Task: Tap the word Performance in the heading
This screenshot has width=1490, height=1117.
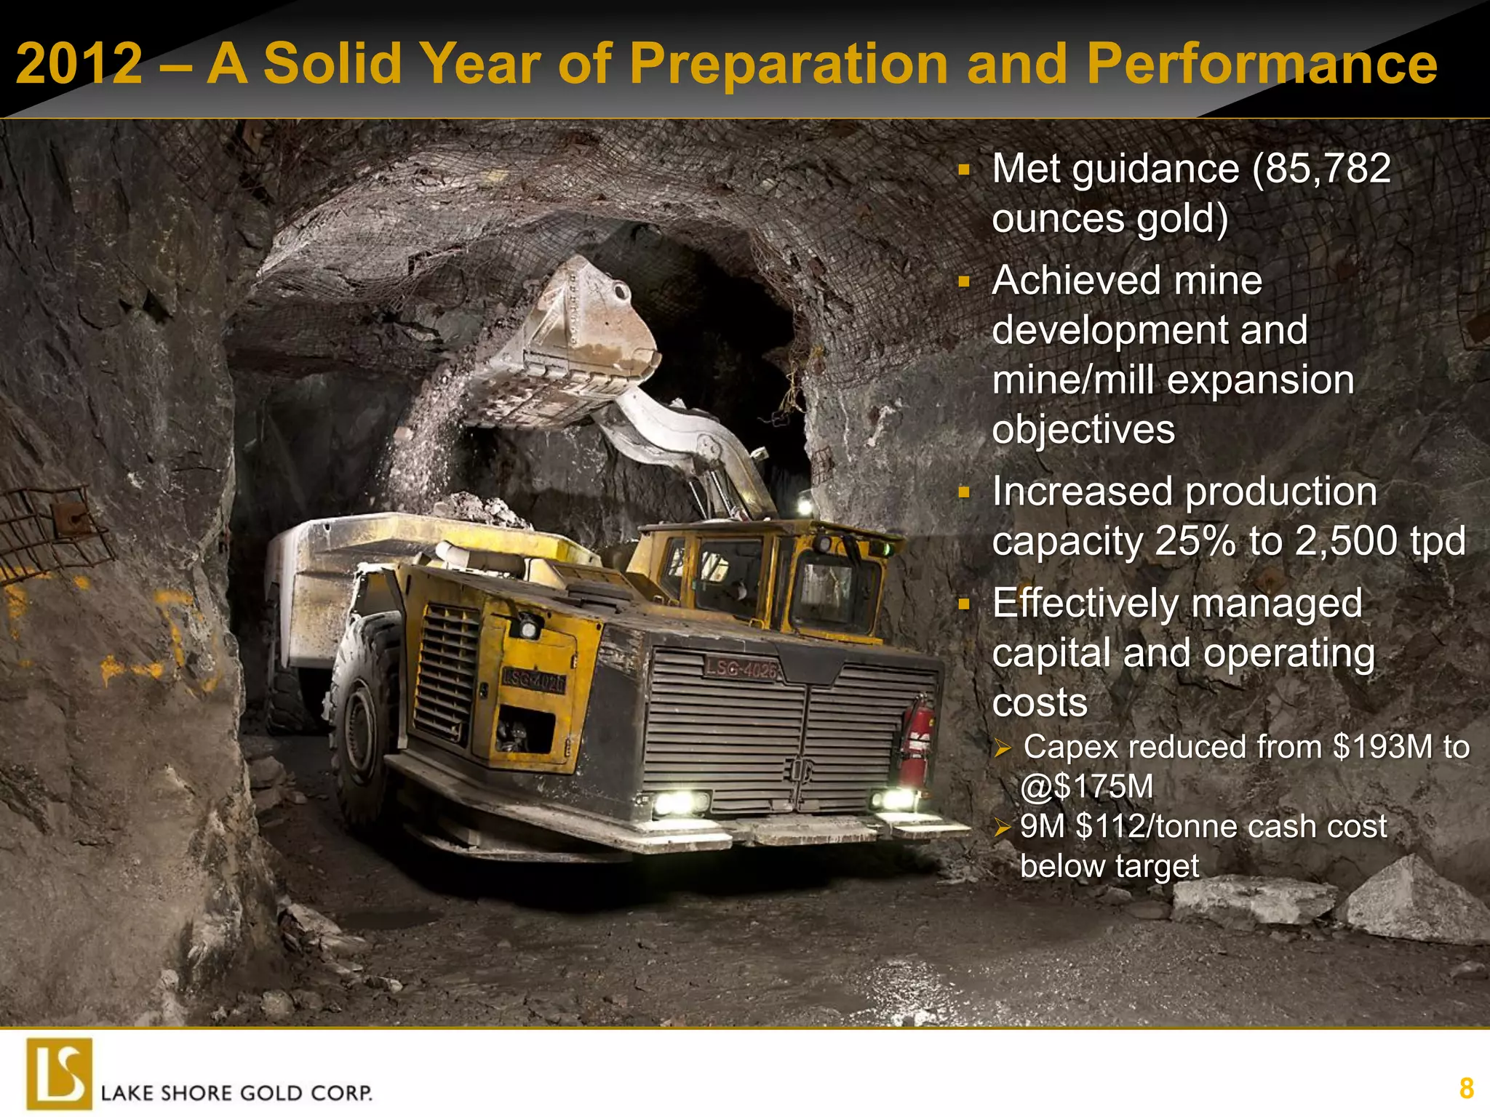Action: coord(1262,64)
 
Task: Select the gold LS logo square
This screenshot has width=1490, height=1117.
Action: coord(60,1073)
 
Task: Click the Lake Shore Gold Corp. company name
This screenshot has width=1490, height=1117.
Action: coord(236,1093)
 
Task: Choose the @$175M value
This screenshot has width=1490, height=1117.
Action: coord(1087,787)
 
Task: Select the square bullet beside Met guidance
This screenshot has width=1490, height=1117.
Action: coord(964,170)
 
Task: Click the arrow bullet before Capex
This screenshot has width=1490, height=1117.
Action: coord(1003,748)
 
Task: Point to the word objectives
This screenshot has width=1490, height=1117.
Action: coord(1083,430)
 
